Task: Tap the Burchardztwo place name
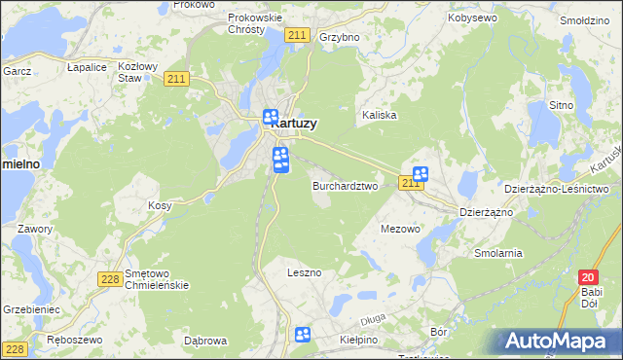pos(345,185)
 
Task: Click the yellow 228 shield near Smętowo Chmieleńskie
pos(109,279)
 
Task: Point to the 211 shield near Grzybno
pos(298,35)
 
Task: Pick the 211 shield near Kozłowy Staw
pos(176,80)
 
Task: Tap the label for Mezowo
pos(399,230)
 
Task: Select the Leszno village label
pos(304,272)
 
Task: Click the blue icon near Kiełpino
pos(303,336)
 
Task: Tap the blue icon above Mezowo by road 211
pos(421,173)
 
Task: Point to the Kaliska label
pos(380,115)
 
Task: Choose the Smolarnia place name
pos(498,253)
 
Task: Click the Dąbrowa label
pos(205,341)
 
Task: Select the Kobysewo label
pos(472,18)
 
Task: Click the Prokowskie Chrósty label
pos(254,23)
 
